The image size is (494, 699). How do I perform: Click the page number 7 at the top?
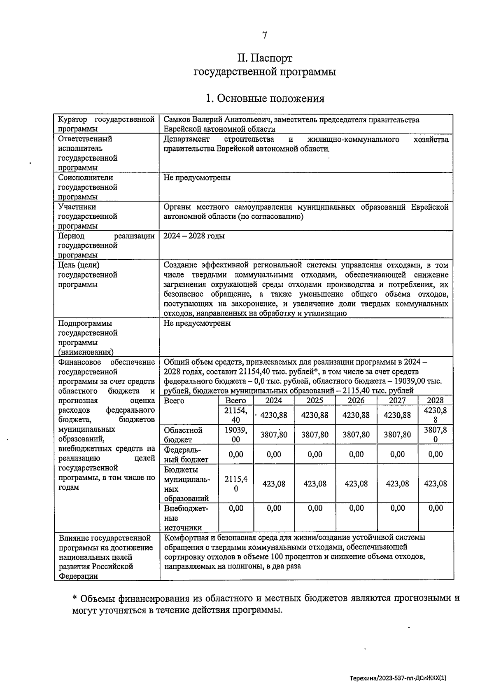265,35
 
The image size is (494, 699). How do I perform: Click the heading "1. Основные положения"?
265,99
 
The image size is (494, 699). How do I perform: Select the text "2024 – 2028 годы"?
194,236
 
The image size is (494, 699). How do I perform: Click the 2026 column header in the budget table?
356,400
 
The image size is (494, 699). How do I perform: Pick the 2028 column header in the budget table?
435,400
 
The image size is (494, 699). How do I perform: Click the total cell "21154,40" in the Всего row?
236,415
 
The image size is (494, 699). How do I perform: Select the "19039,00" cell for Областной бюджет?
236,435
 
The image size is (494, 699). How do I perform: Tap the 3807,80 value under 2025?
315,435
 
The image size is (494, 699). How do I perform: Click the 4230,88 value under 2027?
397,415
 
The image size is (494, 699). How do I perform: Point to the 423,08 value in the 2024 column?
274,484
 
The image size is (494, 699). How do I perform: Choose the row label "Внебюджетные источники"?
186,518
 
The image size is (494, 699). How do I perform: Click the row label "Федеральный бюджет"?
186,455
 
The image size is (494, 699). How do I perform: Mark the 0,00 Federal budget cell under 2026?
356,454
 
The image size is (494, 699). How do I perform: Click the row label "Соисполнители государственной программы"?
88,187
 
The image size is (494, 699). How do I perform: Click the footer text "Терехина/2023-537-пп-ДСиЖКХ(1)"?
398,677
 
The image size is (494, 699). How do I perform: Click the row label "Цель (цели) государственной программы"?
88,275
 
